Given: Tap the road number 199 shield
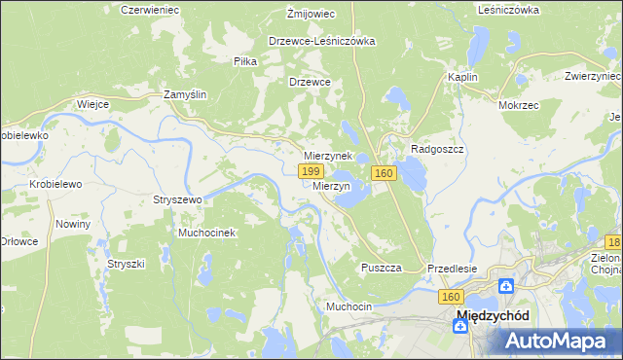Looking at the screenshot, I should click(310, 171).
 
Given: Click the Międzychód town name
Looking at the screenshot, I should click(493, 316).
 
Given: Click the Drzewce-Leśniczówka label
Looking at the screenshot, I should click(321, 42).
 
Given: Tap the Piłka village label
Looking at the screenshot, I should click(244, 60).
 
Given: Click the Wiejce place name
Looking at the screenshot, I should click(92, 103).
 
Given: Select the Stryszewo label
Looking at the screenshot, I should click(176, 199).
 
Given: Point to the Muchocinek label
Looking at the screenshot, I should click(206, 234).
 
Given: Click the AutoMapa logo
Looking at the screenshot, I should click(561, 341).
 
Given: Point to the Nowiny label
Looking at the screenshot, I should click(73, 224).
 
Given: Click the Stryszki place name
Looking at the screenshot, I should click(126, 264).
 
